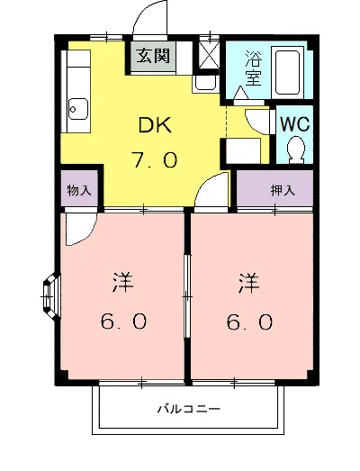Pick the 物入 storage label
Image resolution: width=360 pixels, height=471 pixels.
pos(79,191)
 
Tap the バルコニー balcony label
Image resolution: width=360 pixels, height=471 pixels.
pos(188,408)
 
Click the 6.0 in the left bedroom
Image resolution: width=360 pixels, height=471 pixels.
pos(122,322)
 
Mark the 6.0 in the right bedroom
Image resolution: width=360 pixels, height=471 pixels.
pos(249,322)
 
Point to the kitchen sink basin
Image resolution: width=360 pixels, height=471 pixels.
pos(77,111)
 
